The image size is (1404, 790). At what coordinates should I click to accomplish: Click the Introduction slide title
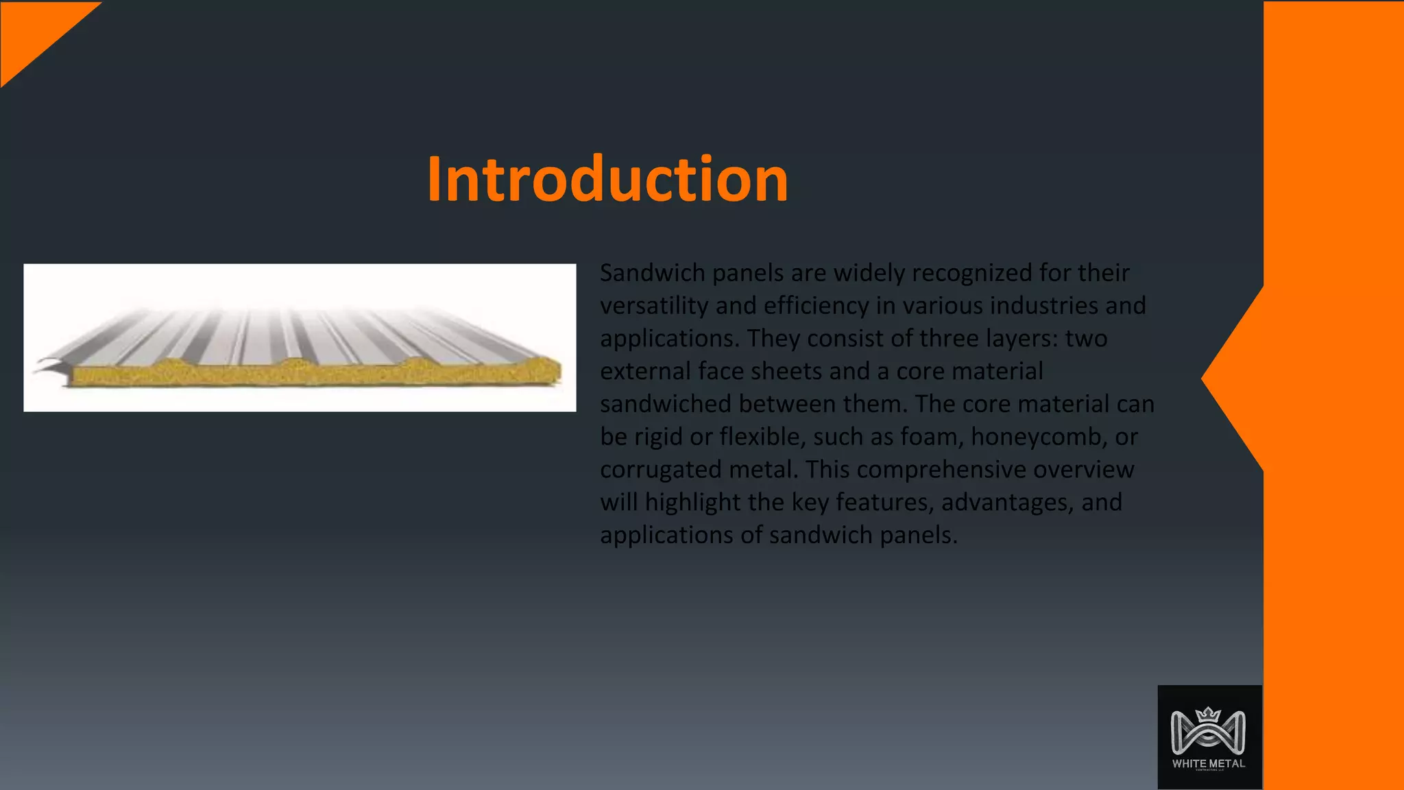click(607, 180)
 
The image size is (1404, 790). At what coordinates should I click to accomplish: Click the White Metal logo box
click(1209, 737)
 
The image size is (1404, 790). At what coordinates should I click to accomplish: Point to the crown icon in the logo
click(1209, 715)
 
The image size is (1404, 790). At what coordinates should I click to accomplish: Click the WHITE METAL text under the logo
click(1209, 763)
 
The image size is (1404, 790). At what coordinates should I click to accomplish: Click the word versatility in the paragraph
click(654, 306)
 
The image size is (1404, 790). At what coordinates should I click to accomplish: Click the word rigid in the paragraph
click(659, 437)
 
